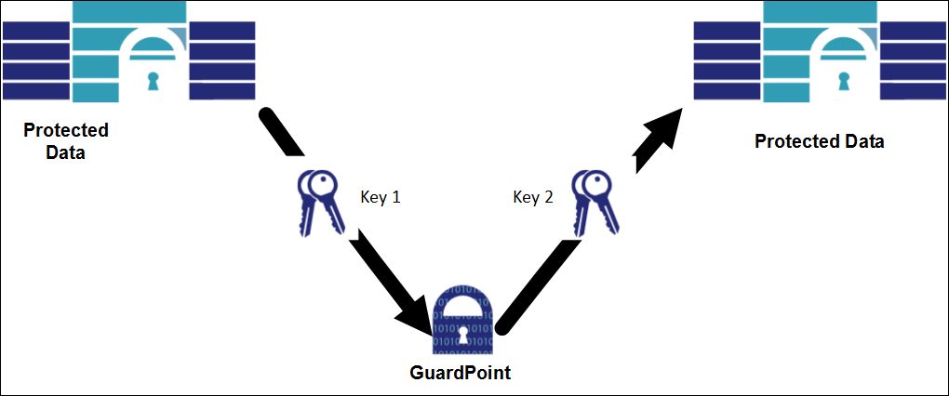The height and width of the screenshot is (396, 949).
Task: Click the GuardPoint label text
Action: click(461, 375)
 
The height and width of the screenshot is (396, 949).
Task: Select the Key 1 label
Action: click(380, 197)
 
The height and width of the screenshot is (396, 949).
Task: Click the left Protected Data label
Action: click(65, 141)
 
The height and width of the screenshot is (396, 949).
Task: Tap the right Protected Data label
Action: click(819, 142)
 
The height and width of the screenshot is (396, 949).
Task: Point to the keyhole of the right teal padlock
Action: click(845, 82)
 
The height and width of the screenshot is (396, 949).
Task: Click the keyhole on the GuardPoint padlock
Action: click(461, 334)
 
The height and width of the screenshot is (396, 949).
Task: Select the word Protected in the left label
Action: click(65, 130)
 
